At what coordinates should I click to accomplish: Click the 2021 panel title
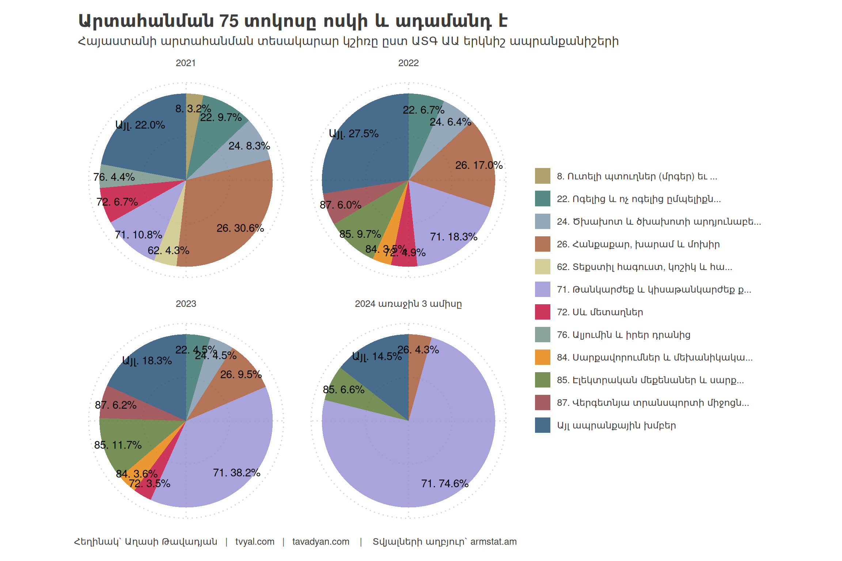pyautogui.click(x=186, y=63)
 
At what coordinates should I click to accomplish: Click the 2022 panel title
pyautogui.click(x=408, y=63)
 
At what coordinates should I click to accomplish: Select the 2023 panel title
pyautogui.click(x=186, y=304)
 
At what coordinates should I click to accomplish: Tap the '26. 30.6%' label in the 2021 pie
pyautogui.click(x=240, y=228)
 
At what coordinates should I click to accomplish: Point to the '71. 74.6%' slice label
pyautogui.click(x=444, y=484)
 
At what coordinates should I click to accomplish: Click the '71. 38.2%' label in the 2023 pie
pyautogui.click(x=236, y=473)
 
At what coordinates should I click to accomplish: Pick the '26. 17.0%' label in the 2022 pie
pyautogui.click(x=479, y=165)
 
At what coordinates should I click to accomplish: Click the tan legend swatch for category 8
pyautogui.click(x=542, y=176)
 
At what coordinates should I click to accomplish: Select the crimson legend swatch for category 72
pyautogui.click(x=542, y=312)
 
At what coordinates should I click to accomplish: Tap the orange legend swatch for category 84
pyautogui.click(x=542, y=357)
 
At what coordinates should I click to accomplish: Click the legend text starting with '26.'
pyautogui.click(x=638, y=244)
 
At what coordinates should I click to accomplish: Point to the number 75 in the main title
pyautogui.click(x=229, y=21)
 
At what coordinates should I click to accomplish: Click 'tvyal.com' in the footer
pyautogui.click(x=255, y=542)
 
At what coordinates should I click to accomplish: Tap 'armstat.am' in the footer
pyautogui.click(x=493, y=542)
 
